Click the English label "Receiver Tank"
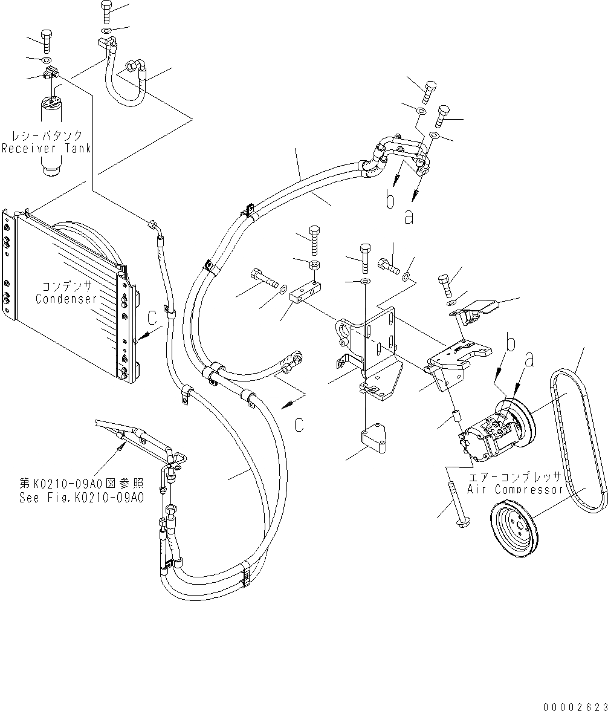pyautogui.click(x=46, y=149)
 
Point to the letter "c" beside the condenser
pyautogui.click(x=152, y=314)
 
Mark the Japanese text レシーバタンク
pyautogui.click(x=46, y=135)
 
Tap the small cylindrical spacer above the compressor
pyautogui.click(x=456, y=418)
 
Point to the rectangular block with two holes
pyautogui.click(x=304, y=294)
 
